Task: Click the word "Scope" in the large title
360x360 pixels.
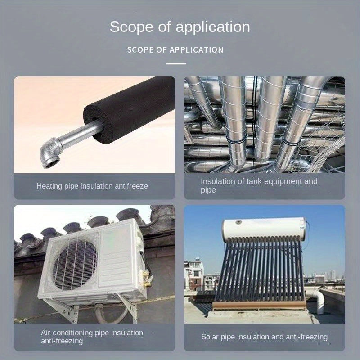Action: coord(131,27)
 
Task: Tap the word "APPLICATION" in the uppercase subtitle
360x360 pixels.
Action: coord(196,50)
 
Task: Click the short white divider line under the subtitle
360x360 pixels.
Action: coord(176,63)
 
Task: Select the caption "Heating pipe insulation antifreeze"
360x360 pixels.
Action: coord(92,186)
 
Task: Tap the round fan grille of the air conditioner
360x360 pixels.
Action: coord(75,265)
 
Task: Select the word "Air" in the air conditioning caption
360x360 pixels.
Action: coord(46,333)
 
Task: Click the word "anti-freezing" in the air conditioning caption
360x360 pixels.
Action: coord(62,341)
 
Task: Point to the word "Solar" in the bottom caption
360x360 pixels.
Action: coord(210,337)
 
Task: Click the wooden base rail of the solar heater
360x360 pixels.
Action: coord(259,305)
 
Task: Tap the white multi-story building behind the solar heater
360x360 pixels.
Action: coord(194,274)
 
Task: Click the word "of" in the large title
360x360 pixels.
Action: coord(164,27)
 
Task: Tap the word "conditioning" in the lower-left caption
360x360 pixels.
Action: coord(73,333)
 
